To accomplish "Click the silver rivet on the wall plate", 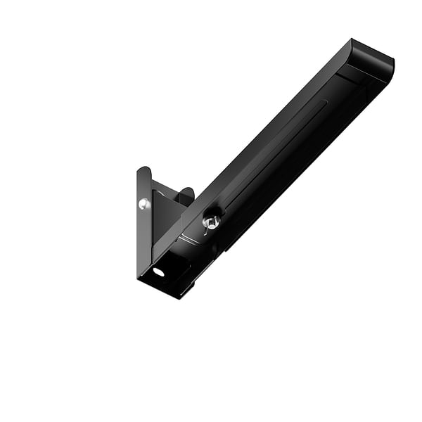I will (x=144, y=204).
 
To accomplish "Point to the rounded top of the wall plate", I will (x=143, y=170).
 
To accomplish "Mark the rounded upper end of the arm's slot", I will (x=325, y=101).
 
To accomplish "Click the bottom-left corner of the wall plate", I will (x=139, y=276).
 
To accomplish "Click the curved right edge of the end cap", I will (x=392, y=67).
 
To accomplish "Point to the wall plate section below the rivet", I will (x=144, y=239).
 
